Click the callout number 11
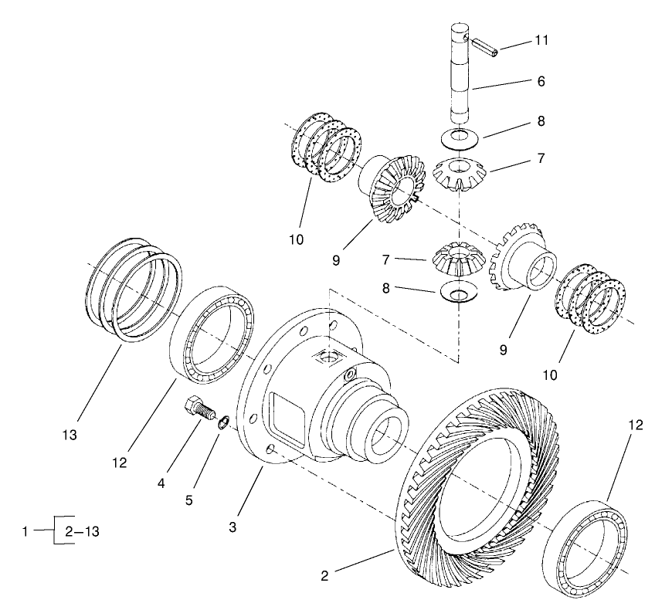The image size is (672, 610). pos(541,40)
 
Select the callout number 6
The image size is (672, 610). pos(541,80)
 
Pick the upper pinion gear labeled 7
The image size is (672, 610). pos(460,175)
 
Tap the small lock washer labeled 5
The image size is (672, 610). pos(222,421)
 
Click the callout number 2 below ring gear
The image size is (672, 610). pos(325,575)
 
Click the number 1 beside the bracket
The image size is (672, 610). pos(26,531)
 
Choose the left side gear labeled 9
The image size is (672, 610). pos(390,193)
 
